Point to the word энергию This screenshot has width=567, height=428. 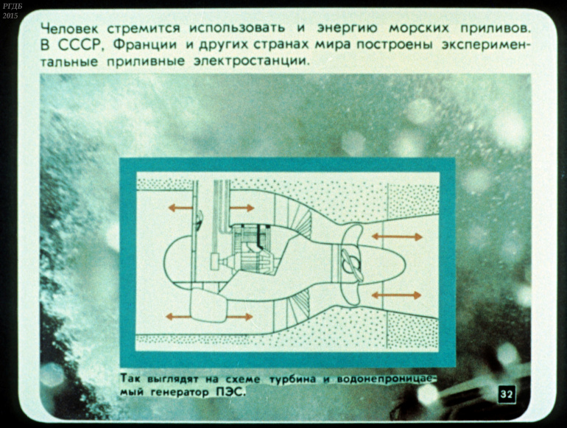347,28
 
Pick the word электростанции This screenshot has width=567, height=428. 252,61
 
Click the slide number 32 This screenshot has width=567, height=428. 507,394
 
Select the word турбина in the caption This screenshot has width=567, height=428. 293,379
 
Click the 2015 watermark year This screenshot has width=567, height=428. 10,16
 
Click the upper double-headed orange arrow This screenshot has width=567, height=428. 397,237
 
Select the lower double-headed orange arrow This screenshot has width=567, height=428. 396,295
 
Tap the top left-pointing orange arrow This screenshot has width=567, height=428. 180,208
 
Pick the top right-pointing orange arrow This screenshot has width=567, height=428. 242,208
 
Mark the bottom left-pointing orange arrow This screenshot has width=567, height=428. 178,317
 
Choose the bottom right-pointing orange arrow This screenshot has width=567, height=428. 239,317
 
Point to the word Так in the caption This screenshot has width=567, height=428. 128,379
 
